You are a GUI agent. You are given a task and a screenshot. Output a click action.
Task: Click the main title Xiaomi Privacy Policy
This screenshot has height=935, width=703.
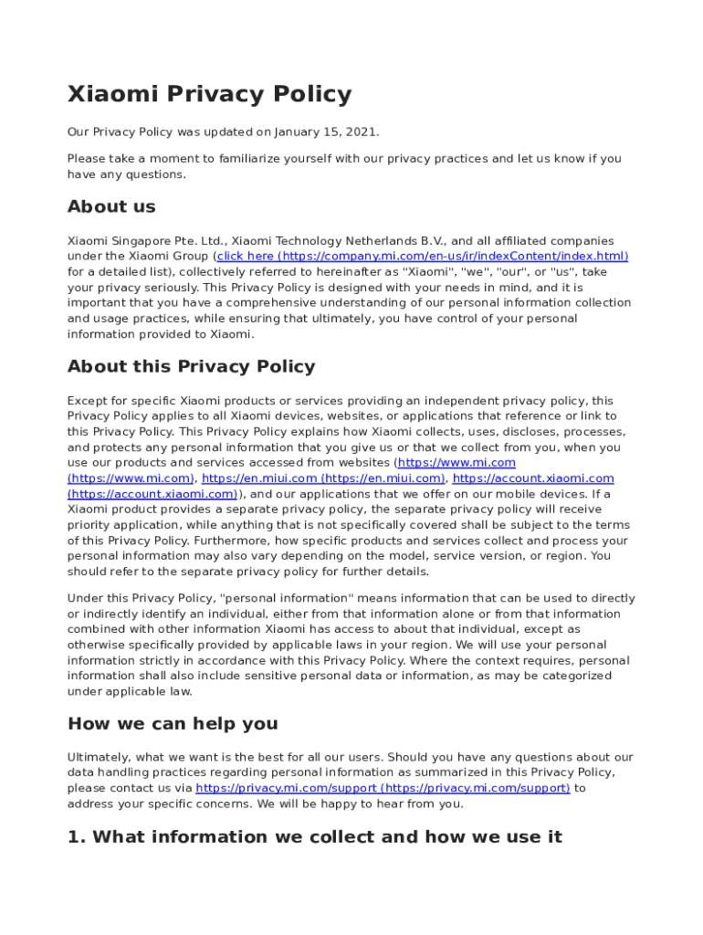[x=209, y=95]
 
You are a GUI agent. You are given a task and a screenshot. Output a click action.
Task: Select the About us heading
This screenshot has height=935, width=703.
[x=111, y=206]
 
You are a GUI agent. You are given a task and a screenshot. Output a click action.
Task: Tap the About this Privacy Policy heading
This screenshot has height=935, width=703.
[x=191, y=366]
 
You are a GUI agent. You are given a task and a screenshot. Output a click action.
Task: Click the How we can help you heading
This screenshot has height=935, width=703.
[x=173, y=723]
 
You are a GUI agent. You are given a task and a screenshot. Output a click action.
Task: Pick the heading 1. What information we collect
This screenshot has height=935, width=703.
[x=314, y=836]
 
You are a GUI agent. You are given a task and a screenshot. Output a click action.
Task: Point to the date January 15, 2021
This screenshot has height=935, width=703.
[x=331, y=132]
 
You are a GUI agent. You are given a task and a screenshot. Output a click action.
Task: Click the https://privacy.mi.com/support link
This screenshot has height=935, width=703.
[x=383, y=788]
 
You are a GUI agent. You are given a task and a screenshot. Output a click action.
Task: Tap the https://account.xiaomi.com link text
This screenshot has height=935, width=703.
[x=533, y=478]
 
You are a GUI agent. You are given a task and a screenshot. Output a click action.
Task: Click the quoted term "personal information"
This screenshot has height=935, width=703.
[x=296, y=599]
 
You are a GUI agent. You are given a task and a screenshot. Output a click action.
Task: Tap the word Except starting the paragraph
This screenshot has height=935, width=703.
[x=87, y=401]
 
